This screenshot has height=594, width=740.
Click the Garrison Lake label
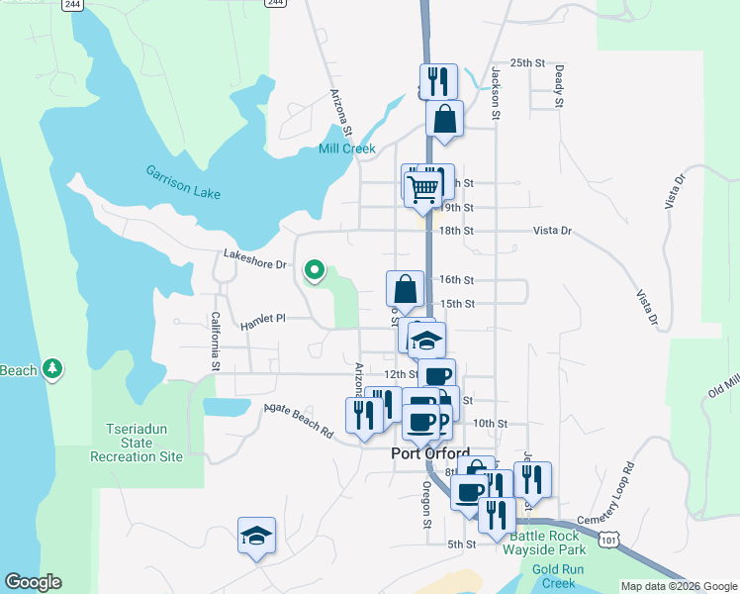[183, 181]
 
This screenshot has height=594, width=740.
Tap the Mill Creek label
[346, 149]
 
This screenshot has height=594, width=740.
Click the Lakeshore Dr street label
[254, 264]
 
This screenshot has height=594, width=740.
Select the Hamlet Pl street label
[262, 319]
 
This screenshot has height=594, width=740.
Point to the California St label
[215, 342]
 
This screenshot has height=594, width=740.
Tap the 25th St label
[527, 63]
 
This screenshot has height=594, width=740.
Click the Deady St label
[559, 86]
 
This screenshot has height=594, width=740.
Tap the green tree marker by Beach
[52, 370]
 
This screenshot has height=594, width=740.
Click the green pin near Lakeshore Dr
[315, 269]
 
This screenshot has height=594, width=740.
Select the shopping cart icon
[423, 186]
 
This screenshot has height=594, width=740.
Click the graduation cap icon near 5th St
[256, 536]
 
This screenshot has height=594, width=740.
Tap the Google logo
[33, 582]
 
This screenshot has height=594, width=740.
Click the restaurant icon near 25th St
[436, 81]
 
